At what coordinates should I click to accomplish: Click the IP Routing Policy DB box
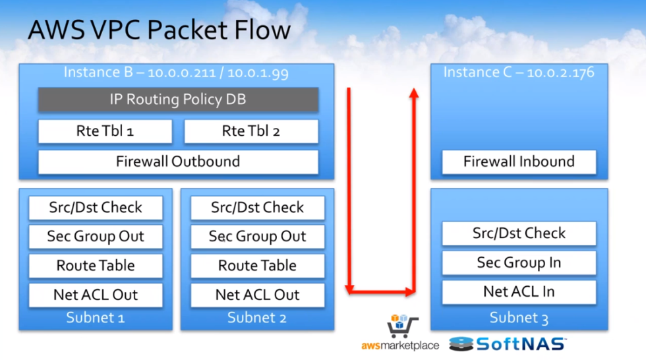178,100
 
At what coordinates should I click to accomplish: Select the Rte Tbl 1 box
105,131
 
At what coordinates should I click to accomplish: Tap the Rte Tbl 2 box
251,131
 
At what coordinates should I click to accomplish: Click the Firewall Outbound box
178,162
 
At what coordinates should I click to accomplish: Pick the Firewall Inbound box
519,162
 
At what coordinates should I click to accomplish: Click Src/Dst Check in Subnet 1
96,208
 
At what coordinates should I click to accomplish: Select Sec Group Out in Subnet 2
257,237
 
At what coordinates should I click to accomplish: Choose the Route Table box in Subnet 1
96,266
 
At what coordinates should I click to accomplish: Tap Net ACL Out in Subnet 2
257,295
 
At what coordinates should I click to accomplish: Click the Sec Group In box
519,262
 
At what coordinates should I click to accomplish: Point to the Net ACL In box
519,291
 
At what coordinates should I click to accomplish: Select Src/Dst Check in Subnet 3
519,233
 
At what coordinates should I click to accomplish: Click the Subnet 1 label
96,318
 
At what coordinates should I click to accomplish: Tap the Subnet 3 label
519,318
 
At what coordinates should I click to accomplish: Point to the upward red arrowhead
414,94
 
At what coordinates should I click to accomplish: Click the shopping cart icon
400,326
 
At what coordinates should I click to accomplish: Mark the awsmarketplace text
401,345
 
